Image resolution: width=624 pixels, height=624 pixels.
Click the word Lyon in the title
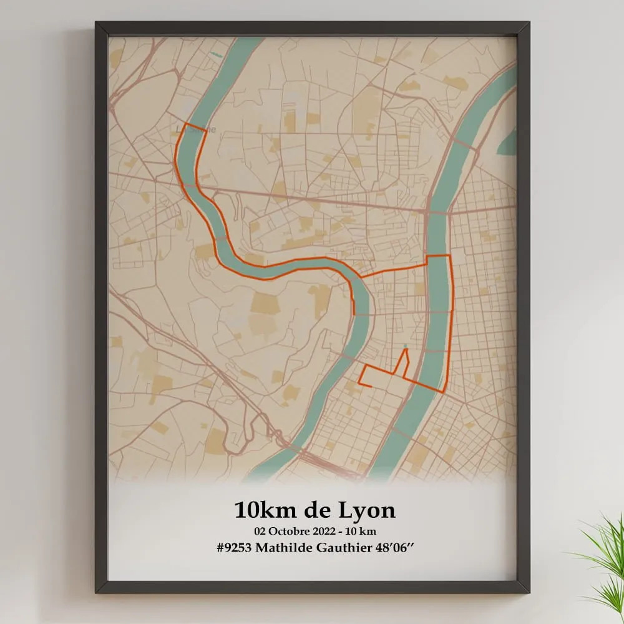click(x=366, y=511)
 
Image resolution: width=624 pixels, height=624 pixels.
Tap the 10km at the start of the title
click(x=258, y=510)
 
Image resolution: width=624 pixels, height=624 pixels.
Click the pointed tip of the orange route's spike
click(x=406, y=349)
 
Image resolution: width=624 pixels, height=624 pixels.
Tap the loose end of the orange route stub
click(x=371, y=387)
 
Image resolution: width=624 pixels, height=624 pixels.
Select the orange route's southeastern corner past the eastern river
click(x=443, y=392)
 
